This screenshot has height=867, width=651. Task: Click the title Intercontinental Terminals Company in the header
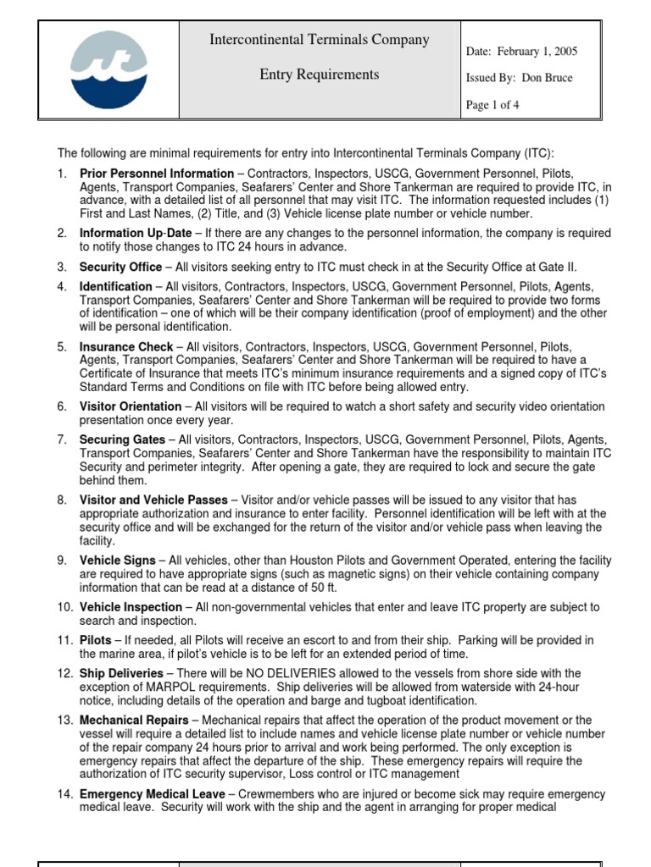[320, 40]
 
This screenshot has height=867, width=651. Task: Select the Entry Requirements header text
[320, 75]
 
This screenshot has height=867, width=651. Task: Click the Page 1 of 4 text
[493, 105]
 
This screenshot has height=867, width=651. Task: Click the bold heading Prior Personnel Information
[157, 174]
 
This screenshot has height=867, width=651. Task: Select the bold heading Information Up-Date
[136, 233]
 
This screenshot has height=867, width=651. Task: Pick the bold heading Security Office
[120, 267]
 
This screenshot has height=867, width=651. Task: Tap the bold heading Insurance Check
[125, 347]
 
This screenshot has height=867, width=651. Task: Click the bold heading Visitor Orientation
[131, 406]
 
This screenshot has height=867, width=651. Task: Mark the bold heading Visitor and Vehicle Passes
[153, 500]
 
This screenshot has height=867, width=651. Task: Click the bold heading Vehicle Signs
[118, 561]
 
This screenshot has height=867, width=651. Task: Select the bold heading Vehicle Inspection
[131, 607]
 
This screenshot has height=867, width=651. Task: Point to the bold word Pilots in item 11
[96, 640]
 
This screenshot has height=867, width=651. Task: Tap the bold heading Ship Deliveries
[121, 674]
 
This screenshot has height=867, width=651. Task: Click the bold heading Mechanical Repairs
[134, 721]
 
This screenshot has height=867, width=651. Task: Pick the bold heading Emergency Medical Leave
[153, 794]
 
